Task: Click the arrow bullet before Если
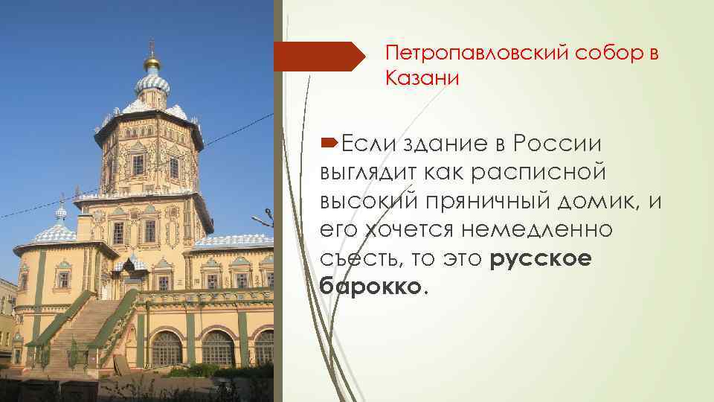(x=330, y=142)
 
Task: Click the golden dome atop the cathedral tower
(x=152, y=62)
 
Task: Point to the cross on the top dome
(x=152, y=45)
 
